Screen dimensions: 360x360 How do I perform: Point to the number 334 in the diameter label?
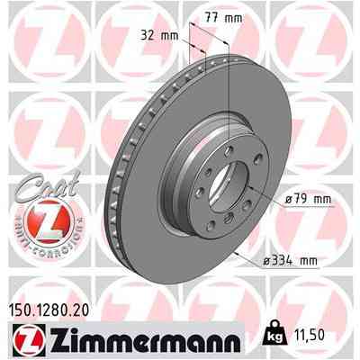coord(279,262)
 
